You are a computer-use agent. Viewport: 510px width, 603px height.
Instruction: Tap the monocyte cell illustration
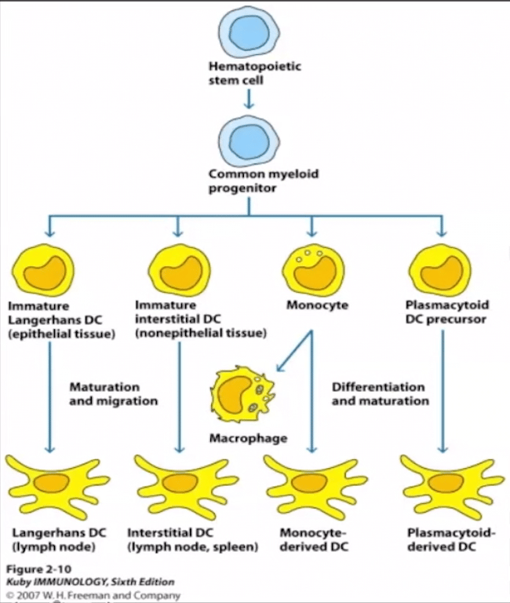(x=312, y=269)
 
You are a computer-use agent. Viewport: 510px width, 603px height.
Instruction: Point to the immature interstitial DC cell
(x=179, y=269)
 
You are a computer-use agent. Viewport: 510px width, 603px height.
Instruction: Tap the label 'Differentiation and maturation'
(x=380, y=394)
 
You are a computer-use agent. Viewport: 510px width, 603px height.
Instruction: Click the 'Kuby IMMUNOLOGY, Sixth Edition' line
(x=90, y=581)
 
